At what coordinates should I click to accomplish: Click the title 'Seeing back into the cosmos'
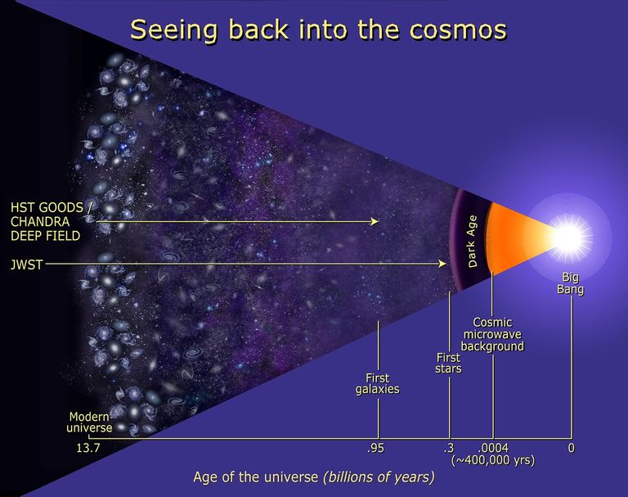(x=318, y=29)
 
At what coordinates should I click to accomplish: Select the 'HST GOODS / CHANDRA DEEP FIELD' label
(x=46, y=220)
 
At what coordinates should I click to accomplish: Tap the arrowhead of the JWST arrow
(x=444, y=264)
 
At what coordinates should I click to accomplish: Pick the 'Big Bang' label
(x=571, y=283)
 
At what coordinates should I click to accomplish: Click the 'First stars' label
(x=448, y=363)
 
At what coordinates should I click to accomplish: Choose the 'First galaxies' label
(x=378, y=383)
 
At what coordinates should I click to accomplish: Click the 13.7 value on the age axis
(x=87, y=448)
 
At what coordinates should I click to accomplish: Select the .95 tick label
(x=376, y=448)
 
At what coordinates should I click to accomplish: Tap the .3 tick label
(x=449, y=448)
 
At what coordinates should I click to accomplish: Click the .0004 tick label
(x=493, y=448)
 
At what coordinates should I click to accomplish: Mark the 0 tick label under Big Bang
(x=572, y=448)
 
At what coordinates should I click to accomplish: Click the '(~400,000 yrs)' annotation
(x=493, y=461)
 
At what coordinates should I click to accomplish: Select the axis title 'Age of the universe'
(x=256, y=477)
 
